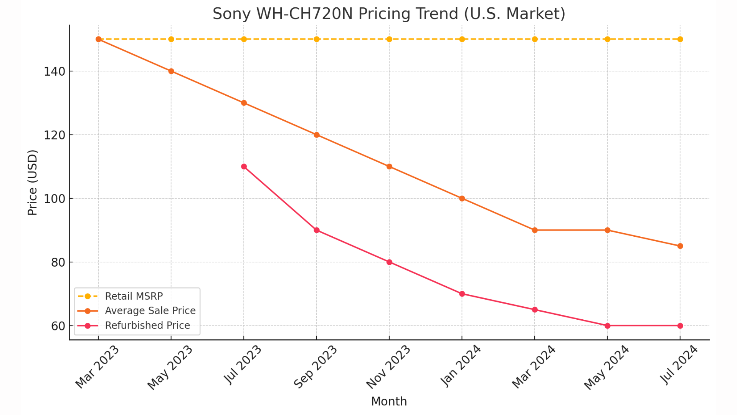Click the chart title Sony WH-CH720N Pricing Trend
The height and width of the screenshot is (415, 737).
click(388, 14)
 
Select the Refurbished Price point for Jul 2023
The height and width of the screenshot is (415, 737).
click(244, 166)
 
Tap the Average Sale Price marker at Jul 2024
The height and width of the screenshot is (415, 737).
click(680, 246)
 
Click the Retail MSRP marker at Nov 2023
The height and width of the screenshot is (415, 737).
click(389, 39)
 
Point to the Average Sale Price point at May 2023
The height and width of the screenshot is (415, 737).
click(171, 71)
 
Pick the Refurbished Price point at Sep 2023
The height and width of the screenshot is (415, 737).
click(317, 230)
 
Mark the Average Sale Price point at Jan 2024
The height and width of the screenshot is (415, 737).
click(462, 198)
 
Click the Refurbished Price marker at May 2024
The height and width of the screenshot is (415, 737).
click(607, 325)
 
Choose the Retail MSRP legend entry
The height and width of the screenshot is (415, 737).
click(134, 296)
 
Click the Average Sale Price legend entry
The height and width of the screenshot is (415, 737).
click(150, 310)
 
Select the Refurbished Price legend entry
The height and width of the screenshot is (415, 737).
click(147, 325)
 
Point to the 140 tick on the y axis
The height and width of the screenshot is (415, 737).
click(55, 71)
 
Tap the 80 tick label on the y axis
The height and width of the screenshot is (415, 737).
click(58, 262)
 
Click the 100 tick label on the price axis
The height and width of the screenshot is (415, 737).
click(55, 199)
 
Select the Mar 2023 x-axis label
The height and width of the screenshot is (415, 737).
click(97, 367)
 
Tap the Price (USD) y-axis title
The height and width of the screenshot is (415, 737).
click(33, 183)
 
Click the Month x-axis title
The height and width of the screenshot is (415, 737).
click(388, 401)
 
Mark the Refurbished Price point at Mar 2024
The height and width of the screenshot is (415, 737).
click(535, 310)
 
